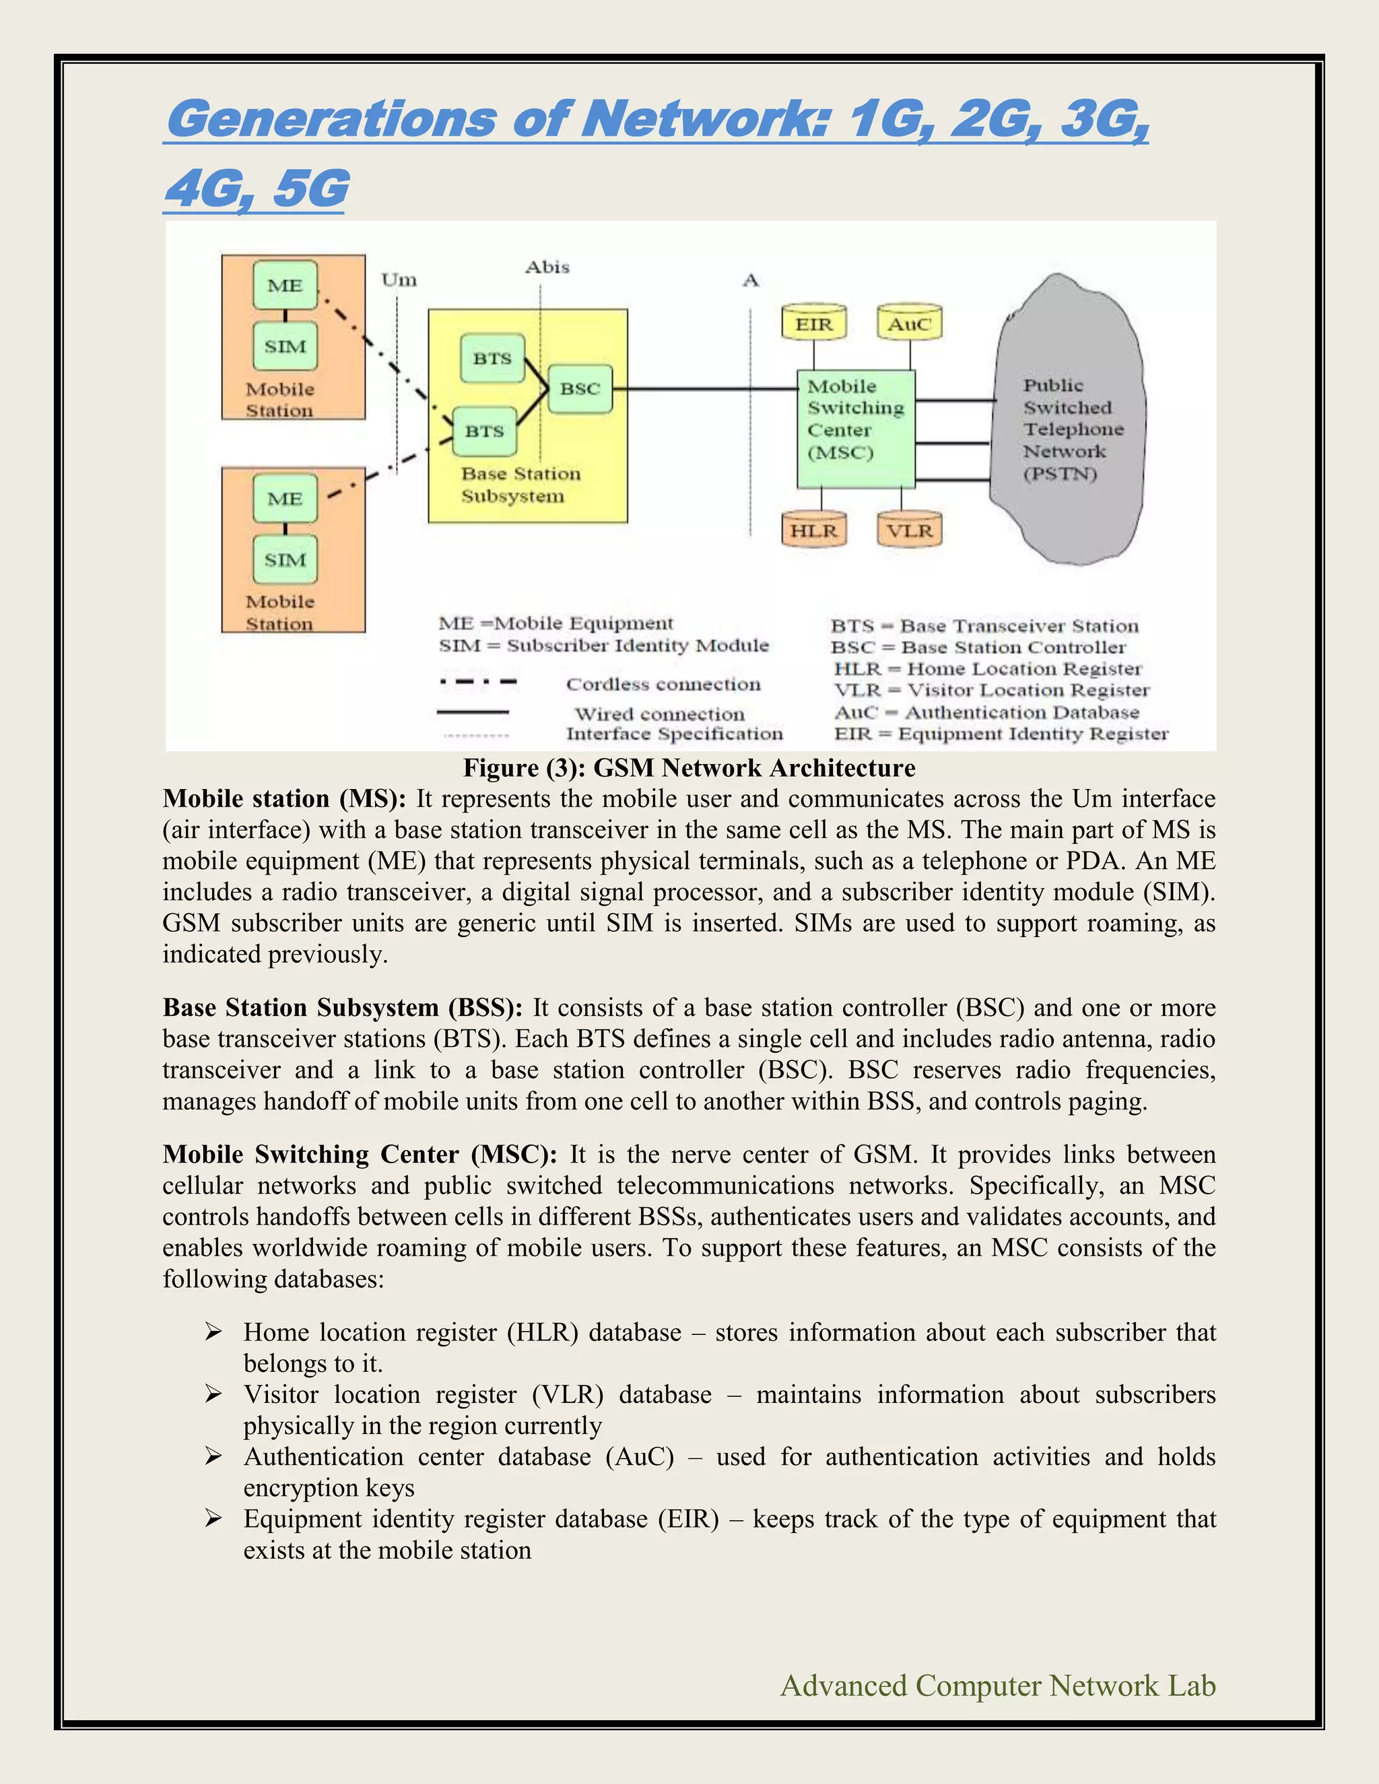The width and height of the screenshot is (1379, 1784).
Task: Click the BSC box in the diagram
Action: click(x=580, y=389)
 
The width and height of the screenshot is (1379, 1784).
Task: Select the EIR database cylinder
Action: click(x=813, y=323)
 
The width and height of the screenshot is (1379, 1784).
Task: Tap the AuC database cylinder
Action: click(x=909, y=323)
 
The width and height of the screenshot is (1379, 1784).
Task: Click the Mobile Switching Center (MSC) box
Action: click(x=855, y=428)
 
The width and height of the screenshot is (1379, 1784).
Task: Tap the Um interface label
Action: click(x=399, y=280)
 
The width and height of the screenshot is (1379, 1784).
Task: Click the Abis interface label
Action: click(x=547, y=267)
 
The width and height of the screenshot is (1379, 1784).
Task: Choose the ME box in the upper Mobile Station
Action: click(x=284, y=285)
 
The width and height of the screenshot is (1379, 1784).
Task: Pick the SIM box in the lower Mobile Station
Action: click(x=284, y=559)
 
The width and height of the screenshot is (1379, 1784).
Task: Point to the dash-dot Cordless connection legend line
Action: click(x=478, y=681)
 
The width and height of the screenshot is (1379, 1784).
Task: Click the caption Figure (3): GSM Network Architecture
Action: click(x=689, y=768)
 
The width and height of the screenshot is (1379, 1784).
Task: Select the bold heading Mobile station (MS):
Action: click(x=283, y=798)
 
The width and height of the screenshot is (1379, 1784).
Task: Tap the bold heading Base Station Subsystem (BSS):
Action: click(x=342, y=1007)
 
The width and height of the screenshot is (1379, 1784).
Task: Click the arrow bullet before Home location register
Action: click(x=213, y=1332)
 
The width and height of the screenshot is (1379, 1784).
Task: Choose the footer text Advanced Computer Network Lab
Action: click(x=997, y=1685)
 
